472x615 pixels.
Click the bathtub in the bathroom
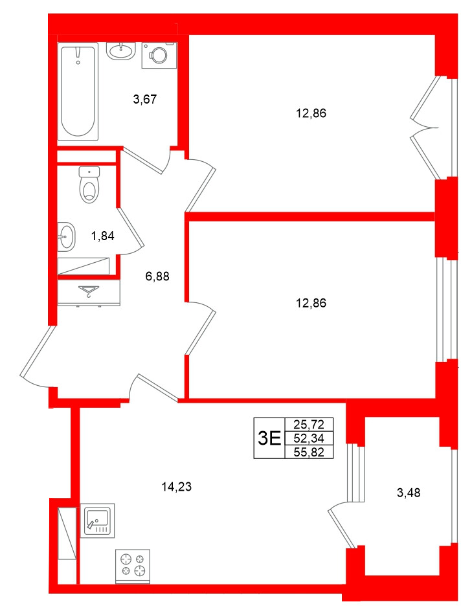tap(78, 91)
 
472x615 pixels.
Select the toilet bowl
tap(89, 185)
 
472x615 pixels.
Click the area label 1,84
tap(102, 236)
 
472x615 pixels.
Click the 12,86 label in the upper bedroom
tap(311, 113)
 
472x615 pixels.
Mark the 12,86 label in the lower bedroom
tap(311, 302)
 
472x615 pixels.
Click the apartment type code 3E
tap(269, 438)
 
